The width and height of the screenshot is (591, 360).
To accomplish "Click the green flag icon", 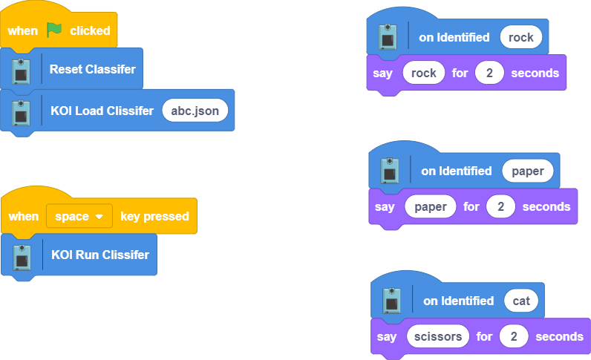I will pyautogui.click(x=55, y=30).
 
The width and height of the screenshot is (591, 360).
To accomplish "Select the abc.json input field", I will pyautogui.click(x=195, y=111).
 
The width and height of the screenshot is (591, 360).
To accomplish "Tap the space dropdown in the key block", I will pyautogui.click(x=79, y=216).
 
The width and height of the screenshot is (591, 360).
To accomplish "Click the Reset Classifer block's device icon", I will pyautogui.click(x=22, y=69).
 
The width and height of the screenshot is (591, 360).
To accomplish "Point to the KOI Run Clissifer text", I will pyautogui.click(x=100, y=255).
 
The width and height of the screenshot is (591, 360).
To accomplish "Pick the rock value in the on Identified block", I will pyautogui.click(x=520, y=37).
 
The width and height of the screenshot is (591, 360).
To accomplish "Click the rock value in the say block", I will pyautogui.click(x=423, y=73).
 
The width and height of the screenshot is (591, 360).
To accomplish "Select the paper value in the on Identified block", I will pyautogui.click(x=527, y=171).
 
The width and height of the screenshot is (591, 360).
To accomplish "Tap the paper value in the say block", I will pyautogui.click(x=431, y=206).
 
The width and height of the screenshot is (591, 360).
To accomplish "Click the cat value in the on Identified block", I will pyautogui.click(x=521, y=301).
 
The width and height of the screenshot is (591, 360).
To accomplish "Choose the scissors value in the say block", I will pyautogui.click(x=439, y=336).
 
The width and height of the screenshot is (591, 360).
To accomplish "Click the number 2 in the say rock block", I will pyautogui.click(x=489, y=73).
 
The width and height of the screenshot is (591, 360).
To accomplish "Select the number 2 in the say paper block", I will pyautogui.click(x=501, y=206).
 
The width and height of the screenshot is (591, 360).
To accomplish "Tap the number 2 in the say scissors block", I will pyautogui.click(x=514, y=336).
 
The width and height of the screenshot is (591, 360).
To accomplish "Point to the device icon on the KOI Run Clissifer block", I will pyautogui.click(x=22, y=255).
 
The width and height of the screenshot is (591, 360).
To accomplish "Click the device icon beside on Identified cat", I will pyautogui.click(x=391, y=301).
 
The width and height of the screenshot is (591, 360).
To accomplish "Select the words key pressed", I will pyautogui.click(x=154, y=216).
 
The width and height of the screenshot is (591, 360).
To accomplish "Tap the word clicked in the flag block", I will pyautogui.click(x=90, y=30).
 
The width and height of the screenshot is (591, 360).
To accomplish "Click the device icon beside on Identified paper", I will pyautogui.click(x=390, y=171).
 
